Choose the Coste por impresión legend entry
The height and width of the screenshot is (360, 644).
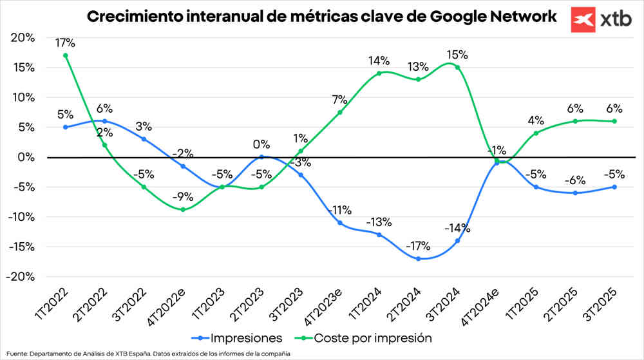coord(371,337)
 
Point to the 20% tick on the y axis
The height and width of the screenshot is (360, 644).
coord(23,37)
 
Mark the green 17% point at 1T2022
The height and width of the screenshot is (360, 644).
coord(66,55)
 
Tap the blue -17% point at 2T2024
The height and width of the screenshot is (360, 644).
coord(419,259)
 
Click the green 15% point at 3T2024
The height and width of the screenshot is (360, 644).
coord(458,67)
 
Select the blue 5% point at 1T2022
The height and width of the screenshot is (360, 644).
coord(66,127)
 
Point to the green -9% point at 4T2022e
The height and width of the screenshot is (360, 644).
coord(184,209)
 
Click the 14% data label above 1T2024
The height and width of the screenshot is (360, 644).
coord(379,61)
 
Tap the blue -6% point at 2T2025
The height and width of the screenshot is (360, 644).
coord(575,193)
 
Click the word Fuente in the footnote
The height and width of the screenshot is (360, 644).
coord(15,354)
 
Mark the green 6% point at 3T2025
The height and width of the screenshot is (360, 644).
coord(614,121)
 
